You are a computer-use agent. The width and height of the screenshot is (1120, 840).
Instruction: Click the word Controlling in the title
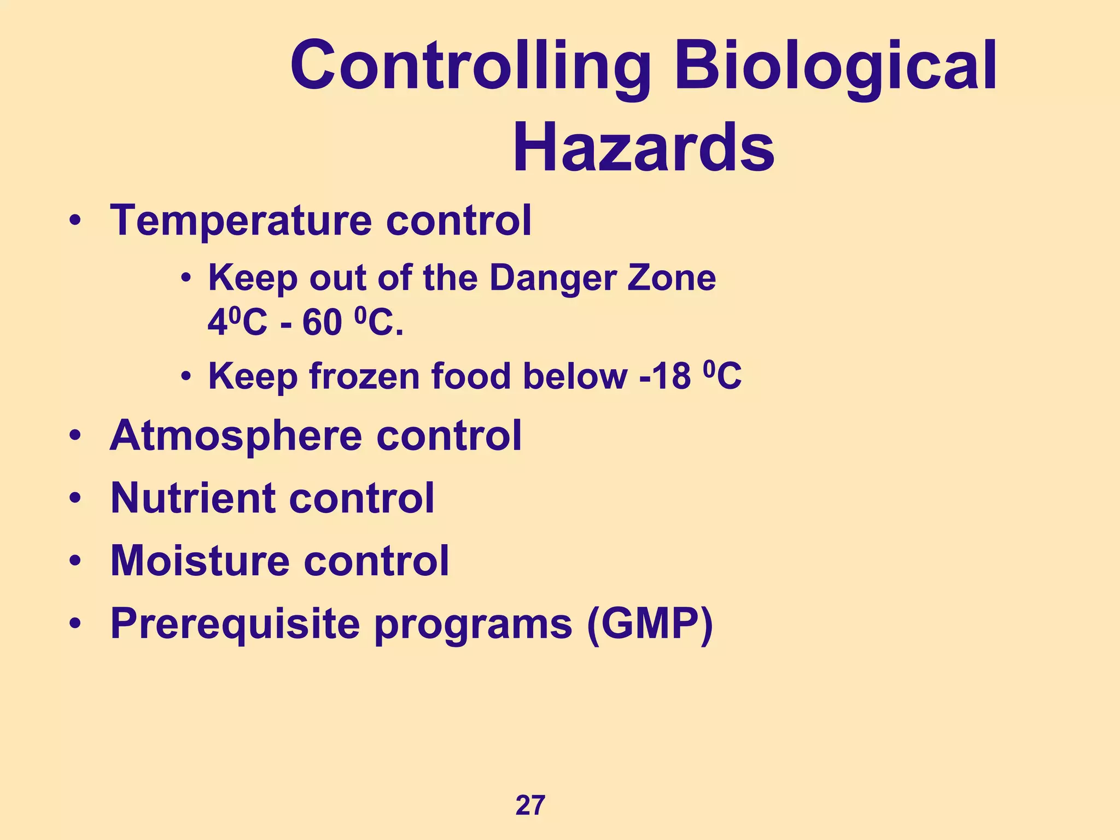(x=470, y=67)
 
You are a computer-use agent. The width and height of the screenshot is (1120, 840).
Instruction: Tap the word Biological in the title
(x=835, y=67)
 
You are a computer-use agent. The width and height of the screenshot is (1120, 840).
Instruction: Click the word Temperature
(x=239, y=221)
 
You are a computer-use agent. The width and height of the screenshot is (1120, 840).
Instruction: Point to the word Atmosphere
(x=236, y=436)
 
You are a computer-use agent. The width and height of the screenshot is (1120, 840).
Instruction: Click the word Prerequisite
(x=235, y=624)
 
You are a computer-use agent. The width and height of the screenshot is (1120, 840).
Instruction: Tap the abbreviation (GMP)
(x=650, y=624)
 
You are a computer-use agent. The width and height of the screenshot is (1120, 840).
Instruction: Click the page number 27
(x=530, y=806)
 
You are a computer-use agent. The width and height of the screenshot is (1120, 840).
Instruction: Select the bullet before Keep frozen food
(x=186, y=377)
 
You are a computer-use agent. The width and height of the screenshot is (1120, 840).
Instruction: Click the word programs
(x=472, y=624)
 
